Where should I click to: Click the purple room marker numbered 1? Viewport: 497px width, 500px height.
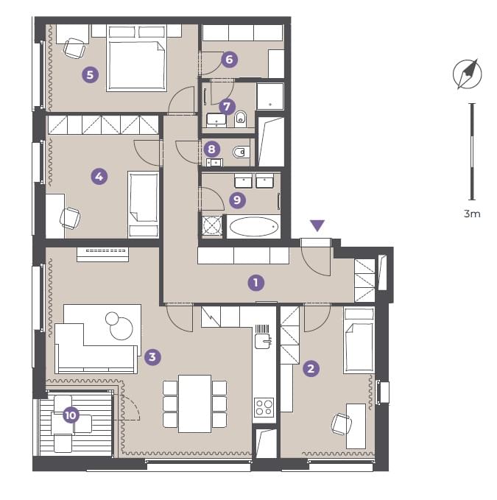255,283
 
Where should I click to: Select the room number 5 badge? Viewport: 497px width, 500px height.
91,74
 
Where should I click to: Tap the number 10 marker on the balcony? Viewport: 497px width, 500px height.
71,415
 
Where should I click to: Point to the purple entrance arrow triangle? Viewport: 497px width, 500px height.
317,225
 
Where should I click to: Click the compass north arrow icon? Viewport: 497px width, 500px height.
468,74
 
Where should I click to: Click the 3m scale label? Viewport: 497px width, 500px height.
472,214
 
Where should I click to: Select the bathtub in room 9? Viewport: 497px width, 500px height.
254,227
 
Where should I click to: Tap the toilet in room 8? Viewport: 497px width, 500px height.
241,152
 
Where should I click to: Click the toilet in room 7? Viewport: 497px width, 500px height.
241,119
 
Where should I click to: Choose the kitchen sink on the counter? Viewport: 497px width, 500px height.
264,340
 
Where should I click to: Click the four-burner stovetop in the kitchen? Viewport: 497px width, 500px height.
264,407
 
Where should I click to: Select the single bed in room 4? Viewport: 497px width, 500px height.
143,205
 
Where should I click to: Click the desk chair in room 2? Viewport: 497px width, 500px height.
342,424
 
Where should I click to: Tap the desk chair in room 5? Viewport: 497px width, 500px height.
74,48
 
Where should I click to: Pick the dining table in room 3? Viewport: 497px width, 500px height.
195,404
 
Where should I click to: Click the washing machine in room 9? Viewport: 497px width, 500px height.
212,225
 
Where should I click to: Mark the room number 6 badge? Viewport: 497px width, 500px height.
229,60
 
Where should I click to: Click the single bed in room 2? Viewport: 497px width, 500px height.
359,340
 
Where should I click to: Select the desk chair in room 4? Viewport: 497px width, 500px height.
70,218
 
